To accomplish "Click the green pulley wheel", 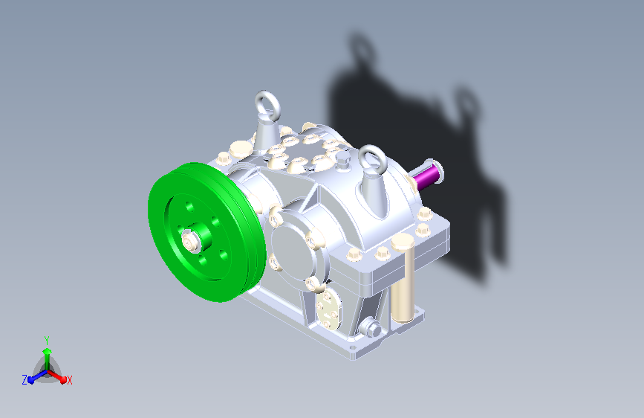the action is [x=205, y=233].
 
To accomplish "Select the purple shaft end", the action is [x=427, y=175].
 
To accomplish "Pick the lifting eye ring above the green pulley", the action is [x=267, y=105].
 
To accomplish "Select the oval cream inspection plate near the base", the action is [x=328, y=309].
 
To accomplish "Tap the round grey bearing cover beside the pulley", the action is [x=293, y=246].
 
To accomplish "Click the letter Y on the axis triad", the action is [x=47, y=341].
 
